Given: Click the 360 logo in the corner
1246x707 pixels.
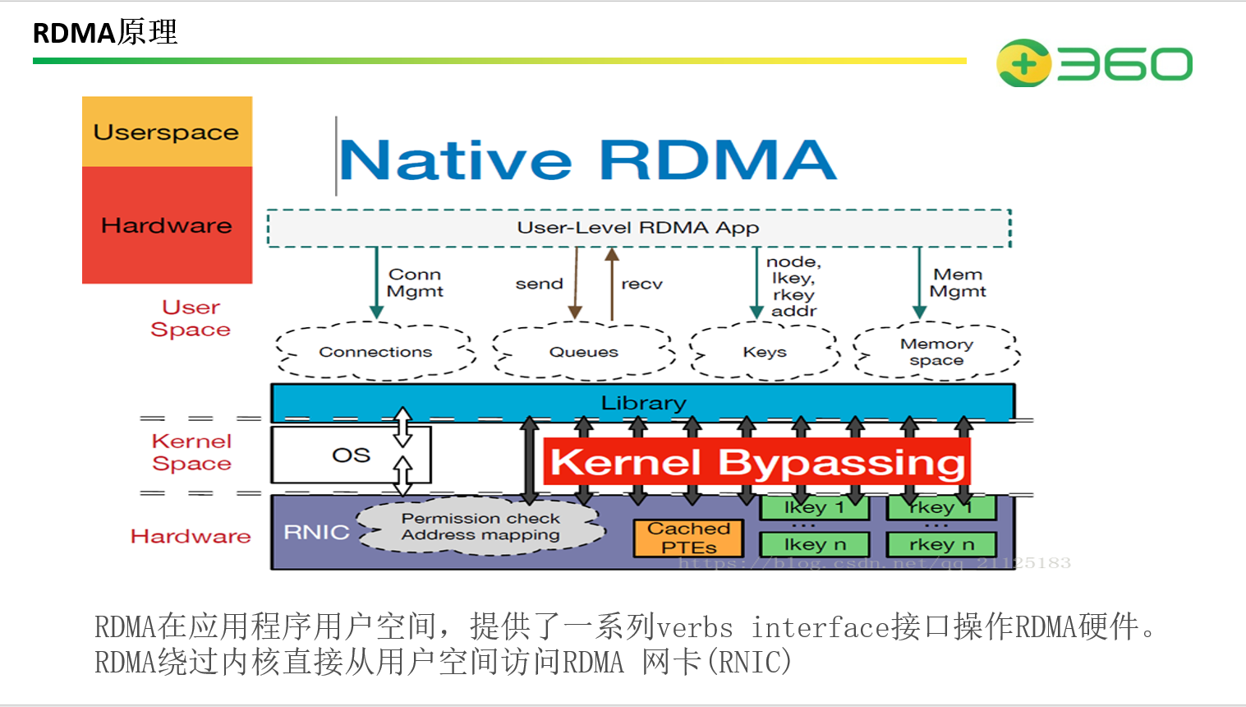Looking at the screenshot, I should pyautogui.click(x=1093, y=63).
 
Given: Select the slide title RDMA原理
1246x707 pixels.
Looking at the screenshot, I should pyautogui.click(x=105, y=33).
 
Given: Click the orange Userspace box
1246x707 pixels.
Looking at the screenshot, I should pyautogui.click(x=167, y=132).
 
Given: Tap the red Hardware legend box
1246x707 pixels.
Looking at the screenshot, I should pyautogui.click(x=167, y=225).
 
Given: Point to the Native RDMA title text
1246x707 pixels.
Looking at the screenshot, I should pyautogui.click(x=587, y=159).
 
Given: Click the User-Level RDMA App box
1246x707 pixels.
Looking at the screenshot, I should pyautogui.click(x=638, y=228).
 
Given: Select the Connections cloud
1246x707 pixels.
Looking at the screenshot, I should pyautogui.click(x=375, y=352).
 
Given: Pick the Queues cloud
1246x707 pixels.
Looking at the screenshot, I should pyautogui.click(x=583, y=352).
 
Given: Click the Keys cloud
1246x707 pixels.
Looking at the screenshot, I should pyautogui.click(x=765, y=352).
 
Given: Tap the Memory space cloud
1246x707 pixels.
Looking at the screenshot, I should pyautogui.click(x=936, y=352).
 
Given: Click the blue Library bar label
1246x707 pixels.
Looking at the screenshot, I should pyautogui.click(x=643, y=403).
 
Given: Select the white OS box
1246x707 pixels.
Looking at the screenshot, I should pyautogui.click(x=351, y=455).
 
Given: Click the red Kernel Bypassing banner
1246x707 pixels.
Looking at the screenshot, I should pyautogui.click(x=756, y=462).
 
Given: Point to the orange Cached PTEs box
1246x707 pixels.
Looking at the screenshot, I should pyautogui.click(x=688, y=538).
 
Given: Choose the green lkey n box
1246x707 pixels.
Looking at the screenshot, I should pyautogui.click(x=814, y=544).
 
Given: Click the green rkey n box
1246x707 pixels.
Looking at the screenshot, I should pyautogui.click(x=941, y=544).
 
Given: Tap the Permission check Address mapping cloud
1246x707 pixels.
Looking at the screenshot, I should pyautogui.click(x=480, y=527).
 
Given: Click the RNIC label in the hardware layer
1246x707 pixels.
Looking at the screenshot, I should pyautogui.click(x=316, y=532).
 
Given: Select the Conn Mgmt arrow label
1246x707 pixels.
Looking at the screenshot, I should pyautogui.click(x=415, y=283).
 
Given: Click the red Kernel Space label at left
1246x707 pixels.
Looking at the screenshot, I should pyautogui.click(x=191, y=452).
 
